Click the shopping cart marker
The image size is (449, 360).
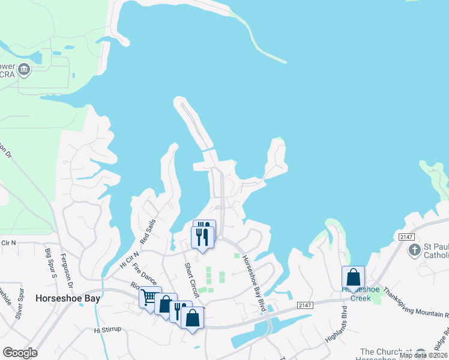pos(149,297)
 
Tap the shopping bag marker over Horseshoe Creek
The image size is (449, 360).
pos(353,277)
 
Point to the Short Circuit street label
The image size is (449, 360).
pos(191,280)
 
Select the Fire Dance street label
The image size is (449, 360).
pos(145,274)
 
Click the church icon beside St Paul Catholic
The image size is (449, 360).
pos(414,250)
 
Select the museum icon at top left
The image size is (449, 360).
pos(25,70)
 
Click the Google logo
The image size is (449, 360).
pos(20,353)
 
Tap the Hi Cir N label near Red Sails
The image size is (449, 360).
pos(129,259)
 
